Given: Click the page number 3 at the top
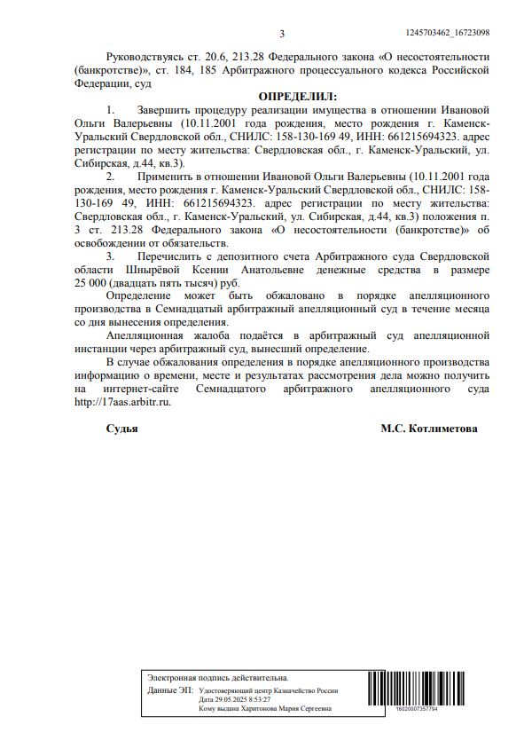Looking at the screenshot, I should click(x=281, y=35).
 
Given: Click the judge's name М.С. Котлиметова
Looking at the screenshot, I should click(x=428, y=429).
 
